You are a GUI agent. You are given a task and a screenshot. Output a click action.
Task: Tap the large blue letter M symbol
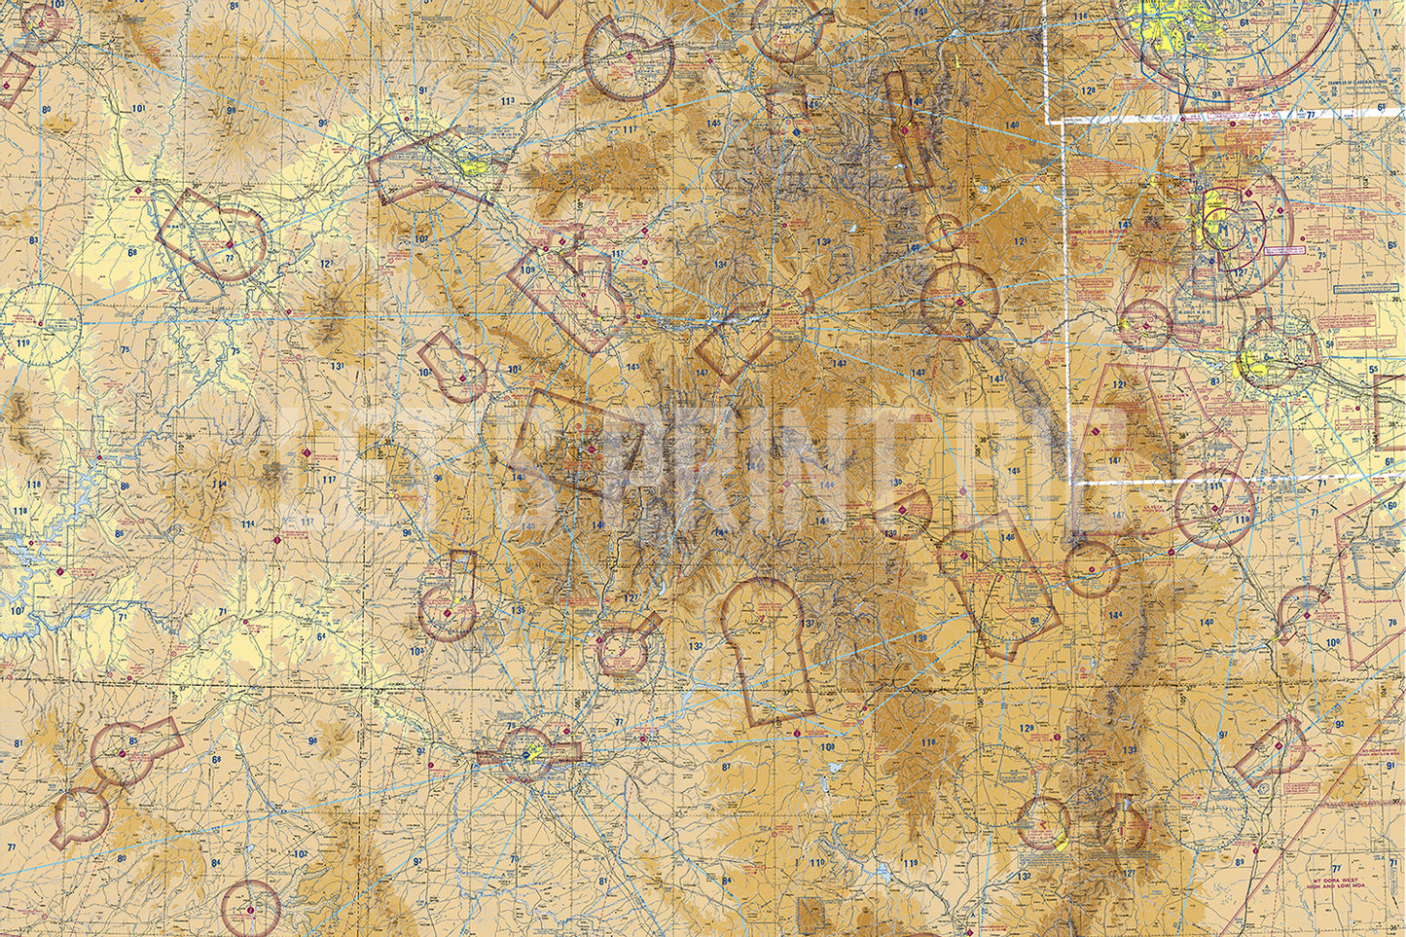1218,226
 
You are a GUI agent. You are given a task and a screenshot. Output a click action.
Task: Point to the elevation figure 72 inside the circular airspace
231,259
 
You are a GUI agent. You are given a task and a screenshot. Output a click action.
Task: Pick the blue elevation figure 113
508,101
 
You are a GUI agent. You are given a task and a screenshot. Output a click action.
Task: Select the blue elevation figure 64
320,636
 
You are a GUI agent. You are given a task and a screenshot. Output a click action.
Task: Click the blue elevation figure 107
17,610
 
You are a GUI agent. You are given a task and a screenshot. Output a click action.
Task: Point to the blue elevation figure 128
1088,91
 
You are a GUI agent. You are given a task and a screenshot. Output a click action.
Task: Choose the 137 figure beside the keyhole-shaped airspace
808,624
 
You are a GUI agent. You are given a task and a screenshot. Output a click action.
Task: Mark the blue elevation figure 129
1027,728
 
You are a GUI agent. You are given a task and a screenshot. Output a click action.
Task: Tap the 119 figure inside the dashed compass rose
21,344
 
